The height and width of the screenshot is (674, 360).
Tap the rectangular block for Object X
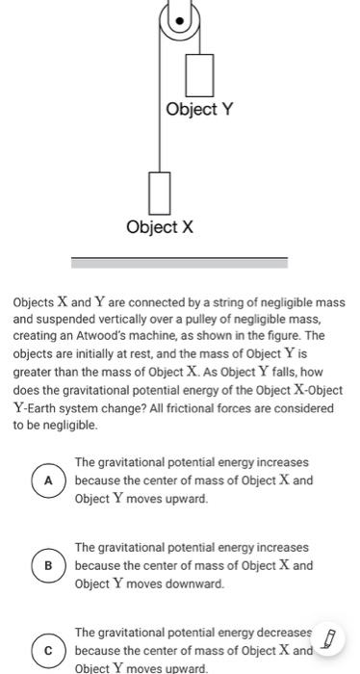point(160,192)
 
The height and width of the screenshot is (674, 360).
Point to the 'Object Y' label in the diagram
point(198,109)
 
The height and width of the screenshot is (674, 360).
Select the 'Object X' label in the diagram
point(160,227)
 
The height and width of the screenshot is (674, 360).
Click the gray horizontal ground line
point(180,260)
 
